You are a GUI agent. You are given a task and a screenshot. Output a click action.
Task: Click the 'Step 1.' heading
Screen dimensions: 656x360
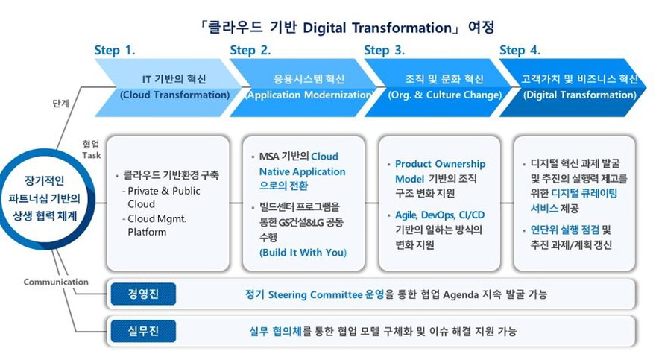pyautogui.click(x=115, y=51)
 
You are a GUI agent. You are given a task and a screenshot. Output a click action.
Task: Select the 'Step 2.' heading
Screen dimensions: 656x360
pyautogui.click(x=250, y=51)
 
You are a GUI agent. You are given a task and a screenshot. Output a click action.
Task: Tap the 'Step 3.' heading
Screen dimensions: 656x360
pyautogui.click(x=384, y=51)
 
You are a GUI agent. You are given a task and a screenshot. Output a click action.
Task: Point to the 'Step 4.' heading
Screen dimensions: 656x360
pyautogui.click(x=520, y=51)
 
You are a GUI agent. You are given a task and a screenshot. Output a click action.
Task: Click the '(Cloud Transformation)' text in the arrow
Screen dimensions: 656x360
pyautogui.click(x=175, y=95)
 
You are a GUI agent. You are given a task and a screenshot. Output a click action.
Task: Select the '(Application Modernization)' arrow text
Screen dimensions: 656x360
pyautogui.click(x=309, y=95)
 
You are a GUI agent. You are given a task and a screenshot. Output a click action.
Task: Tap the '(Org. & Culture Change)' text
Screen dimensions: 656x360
pyautogui.click(x=445, y=95)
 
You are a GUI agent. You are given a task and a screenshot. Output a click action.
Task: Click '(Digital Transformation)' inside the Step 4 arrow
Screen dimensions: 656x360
pyautogui.click(x=580, y=95)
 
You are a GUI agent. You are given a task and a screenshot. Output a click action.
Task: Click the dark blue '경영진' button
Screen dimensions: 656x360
pyautogui.click(x=143, y=294)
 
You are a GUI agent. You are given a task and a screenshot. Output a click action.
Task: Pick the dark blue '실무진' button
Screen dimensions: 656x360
pyautogui.click(x=143, y=331)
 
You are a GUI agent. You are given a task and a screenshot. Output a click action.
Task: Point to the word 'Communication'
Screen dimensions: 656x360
pyautogui.click(x=56, y=282)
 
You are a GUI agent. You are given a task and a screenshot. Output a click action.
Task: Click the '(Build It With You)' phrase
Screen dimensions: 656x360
pyautogui.click(x=303, y=253)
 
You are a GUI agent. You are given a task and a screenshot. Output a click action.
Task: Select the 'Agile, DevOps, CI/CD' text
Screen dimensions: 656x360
pyautogui.click(x=440, y=215)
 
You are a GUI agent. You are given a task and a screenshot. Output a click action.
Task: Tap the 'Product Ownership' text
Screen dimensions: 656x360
pyautogui.click(x=440, y=164)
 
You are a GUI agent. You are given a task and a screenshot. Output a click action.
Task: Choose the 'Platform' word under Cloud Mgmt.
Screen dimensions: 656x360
pyautogui.click(x=147, y=232)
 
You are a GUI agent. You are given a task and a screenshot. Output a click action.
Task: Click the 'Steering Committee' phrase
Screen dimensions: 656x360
pyautogui.click(x=315, y=294)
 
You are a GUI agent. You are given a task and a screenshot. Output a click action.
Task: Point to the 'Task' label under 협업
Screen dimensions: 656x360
pyautogui.click(x=91, y=155)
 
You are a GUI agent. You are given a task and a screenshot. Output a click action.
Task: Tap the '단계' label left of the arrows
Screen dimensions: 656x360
pyautogui.click(x=61, y=104)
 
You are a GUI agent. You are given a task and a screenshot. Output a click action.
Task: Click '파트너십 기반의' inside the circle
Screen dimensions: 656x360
pyautogui.click(x=44, y=198)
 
